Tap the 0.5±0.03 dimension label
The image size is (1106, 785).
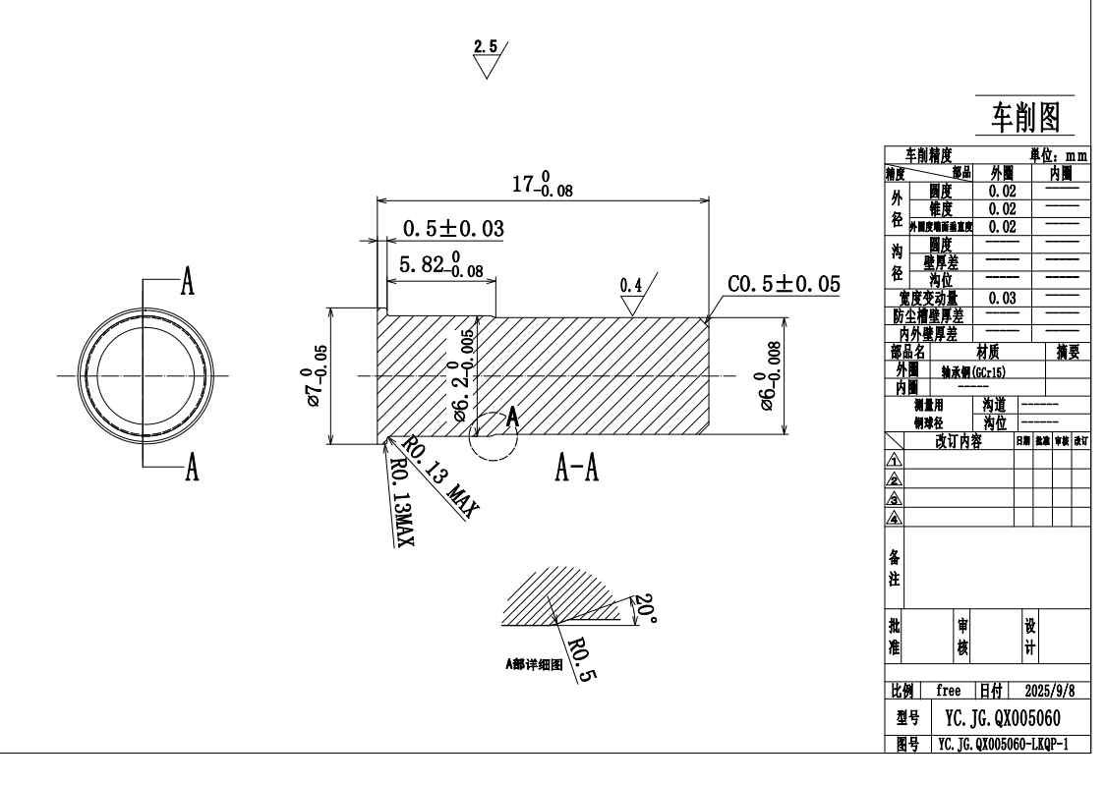[453, 229]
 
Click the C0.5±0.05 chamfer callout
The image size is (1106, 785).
[785, 284]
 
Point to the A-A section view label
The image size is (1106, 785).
[578, 472]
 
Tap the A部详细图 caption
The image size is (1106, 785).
[533, 664]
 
